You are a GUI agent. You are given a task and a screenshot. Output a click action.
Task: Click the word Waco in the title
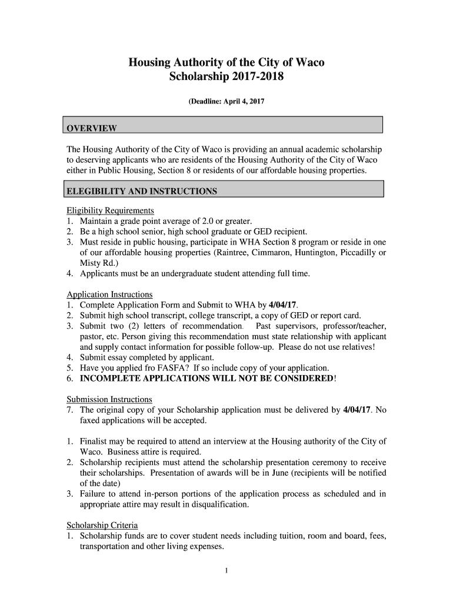pos(309,62)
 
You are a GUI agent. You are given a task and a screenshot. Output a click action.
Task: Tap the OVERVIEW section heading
pos(91,129)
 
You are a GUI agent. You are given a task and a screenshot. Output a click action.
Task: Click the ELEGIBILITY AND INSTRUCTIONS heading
pos(142,192)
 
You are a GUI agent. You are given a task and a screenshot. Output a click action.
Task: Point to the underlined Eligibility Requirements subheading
pos(110,210)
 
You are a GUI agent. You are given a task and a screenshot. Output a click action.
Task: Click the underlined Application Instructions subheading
pos(109,295)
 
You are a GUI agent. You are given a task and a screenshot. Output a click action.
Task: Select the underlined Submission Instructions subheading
pos(109,399)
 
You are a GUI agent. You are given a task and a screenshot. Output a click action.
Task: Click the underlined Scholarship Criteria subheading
pos(102,526)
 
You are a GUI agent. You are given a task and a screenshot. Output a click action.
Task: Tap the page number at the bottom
pos(226,570)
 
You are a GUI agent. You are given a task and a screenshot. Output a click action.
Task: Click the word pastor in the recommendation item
pos(91,336)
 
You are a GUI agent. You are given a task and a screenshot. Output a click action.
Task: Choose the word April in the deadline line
pos(232,102)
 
